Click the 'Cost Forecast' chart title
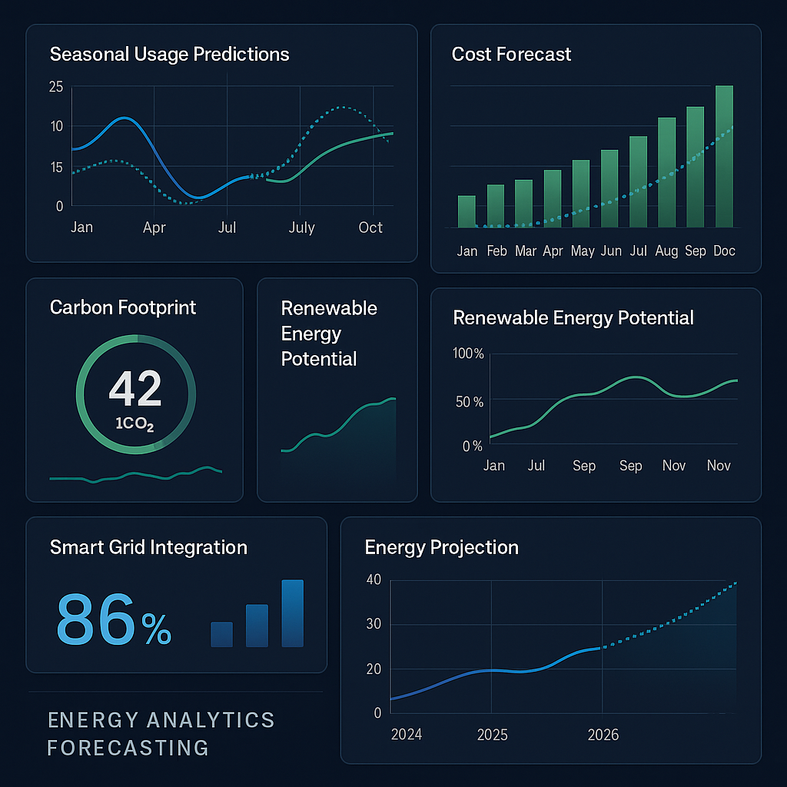[x=511, y=55]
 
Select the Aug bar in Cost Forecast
[x=666, y=172]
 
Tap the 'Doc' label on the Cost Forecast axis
[x=724, y=251]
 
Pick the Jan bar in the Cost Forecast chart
[x=467, y=211]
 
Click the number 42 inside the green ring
[x=135, y=388]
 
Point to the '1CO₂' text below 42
[x=135, y=424]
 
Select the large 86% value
[x=114, y=619]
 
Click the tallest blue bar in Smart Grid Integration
[x=292, y=613]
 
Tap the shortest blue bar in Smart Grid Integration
[x=221, y=634]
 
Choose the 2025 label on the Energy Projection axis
[x=492, y=735]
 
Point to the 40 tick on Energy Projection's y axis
[x=374, y=579]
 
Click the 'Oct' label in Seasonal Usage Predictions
[x=370, y=227]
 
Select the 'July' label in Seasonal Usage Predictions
[x=301, y=227]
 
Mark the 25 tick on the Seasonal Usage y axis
[x=56, y=87]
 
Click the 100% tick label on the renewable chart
[x=469, y=354]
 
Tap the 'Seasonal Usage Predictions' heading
[x=169, y=55]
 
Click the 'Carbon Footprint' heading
[x=123, y=307]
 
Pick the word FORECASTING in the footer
[x=128, y=747]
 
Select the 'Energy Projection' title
[x=441, y=547]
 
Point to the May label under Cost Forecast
[x=583, y=251]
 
